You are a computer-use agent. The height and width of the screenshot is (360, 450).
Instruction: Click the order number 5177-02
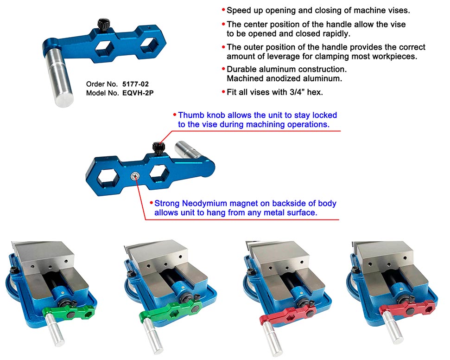(135, 84)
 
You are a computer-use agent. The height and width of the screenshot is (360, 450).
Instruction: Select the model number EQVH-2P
(138, 93)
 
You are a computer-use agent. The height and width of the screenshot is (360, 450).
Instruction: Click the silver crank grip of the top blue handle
(60, 77)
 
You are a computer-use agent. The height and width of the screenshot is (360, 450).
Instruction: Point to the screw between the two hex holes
(134, 176)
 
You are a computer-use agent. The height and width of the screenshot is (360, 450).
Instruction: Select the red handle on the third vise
(287, 314)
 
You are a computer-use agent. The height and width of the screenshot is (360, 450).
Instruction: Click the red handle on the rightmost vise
(407, 309)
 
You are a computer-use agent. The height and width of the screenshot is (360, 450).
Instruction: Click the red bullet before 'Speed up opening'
(223, 10)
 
